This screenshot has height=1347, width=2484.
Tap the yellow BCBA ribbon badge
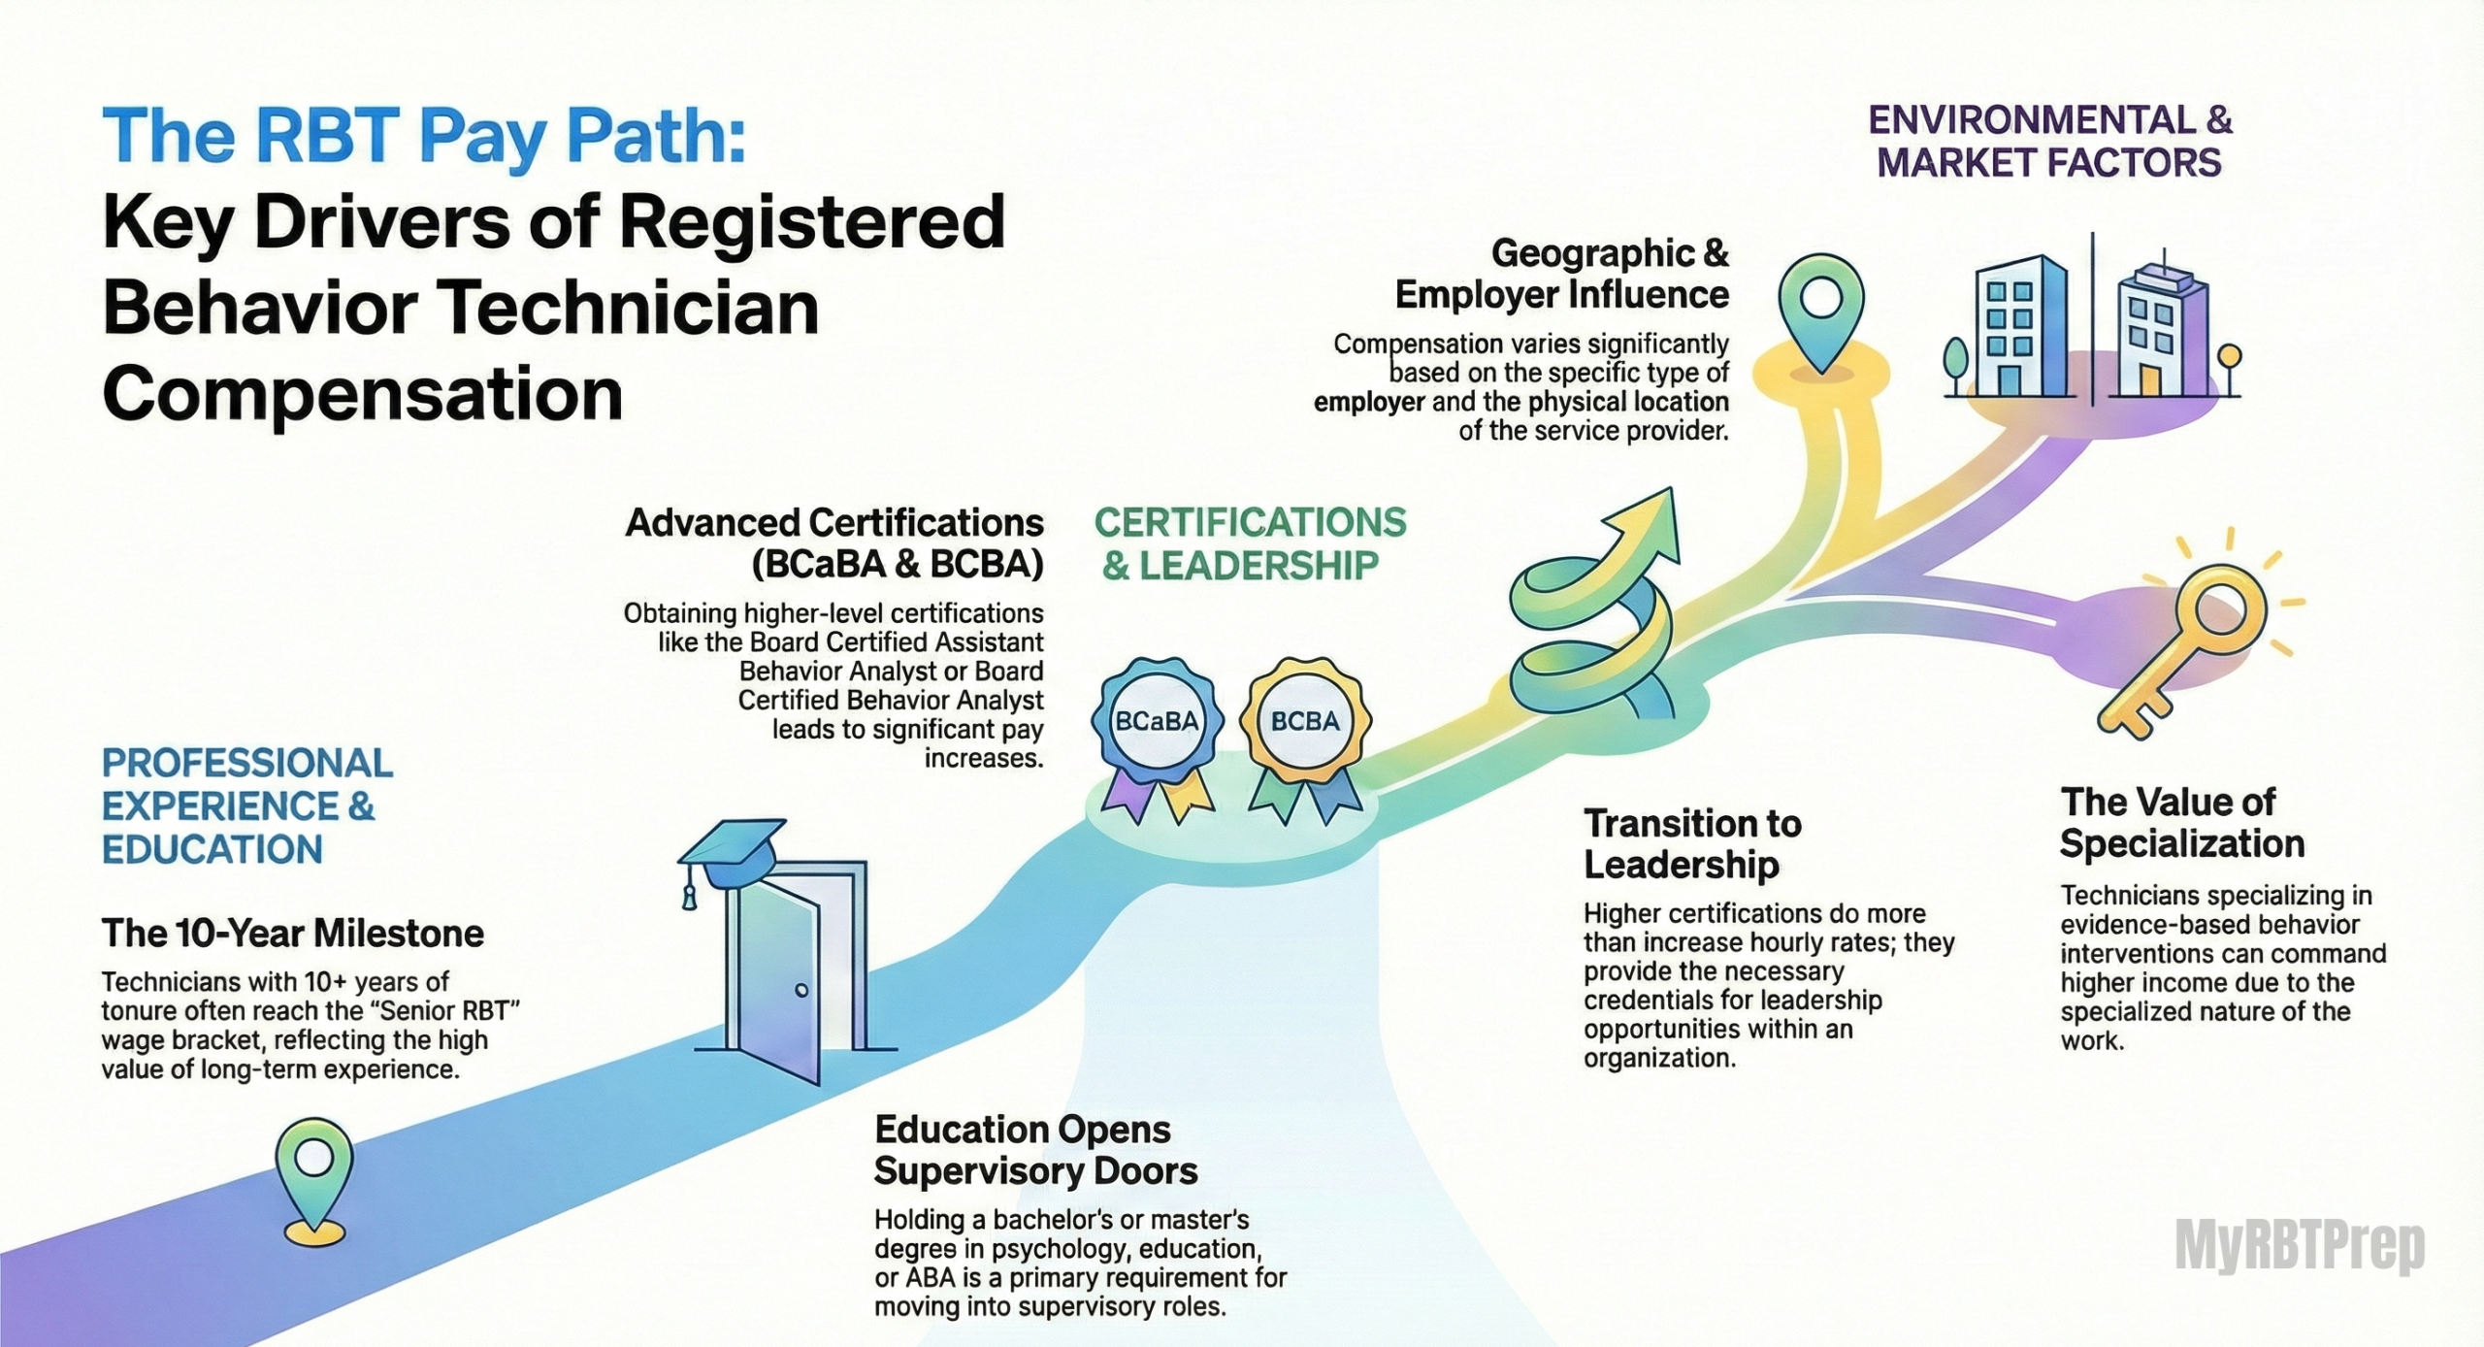pos(1305,723)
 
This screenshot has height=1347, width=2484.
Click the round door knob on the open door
pos(801,991)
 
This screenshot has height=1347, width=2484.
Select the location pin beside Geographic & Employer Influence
pos(1821,306)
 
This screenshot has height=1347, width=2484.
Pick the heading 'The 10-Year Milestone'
pos(293,934)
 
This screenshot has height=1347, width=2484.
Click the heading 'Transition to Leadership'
pos(1692,844)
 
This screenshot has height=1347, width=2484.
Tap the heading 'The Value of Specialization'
pos(2181,823)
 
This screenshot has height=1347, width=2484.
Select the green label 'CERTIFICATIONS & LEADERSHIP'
pos(1250,543)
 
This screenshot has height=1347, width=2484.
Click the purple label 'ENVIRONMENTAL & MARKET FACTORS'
pos(2049,142)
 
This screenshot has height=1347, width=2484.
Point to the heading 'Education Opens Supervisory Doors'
pos(1035,1150)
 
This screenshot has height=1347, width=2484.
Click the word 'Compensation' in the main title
pos(362,394)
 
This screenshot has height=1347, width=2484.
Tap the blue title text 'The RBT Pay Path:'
pos(423,137)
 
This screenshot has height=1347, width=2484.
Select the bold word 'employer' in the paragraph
pos(1369,403)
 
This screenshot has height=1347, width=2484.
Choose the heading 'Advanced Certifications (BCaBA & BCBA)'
pos(834,543)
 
